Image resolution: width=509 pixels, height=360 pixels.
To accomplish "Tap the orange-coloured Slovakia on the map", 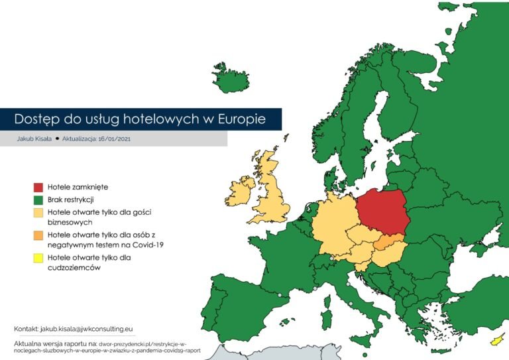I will point(390,243).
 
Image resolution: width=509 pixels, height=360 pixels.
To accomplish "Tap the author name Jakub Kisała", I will point(35,139).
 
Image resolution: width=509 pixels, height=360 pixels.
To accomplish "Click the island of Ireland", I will point(241,190).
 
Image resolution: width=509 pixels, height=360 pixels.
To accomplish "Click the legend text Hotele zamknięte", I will point(78,188).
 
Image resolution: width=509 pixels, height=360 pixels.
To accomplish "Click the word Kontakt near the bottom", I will point(26,329).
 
